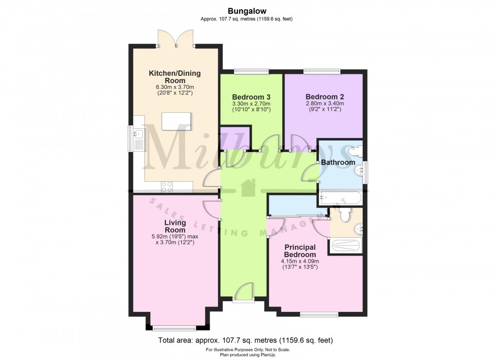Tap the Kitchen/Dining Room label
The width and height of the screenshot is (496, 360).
(174, 77)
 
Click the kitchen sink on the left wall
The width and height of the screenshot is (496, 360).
(137, 133)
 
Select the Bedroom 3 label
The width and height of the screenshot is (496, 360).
(251, 96)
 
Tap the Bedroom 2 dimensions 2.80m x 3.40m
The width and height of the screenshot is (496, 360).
(324, 103)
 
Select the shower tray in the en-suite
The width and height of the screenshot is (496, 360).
(347, 246)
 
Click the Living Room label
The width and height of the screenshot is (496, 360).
(175, 226)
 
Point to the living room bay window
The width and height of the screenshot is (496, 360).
(174, 327)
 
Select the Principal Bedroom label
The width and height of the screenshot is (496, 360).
(300, 251)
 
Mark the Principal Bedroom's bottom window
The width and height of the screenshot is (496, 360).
(319, 315)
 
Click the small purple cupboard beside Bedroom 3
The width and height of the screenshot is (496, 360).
(235, 138)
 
